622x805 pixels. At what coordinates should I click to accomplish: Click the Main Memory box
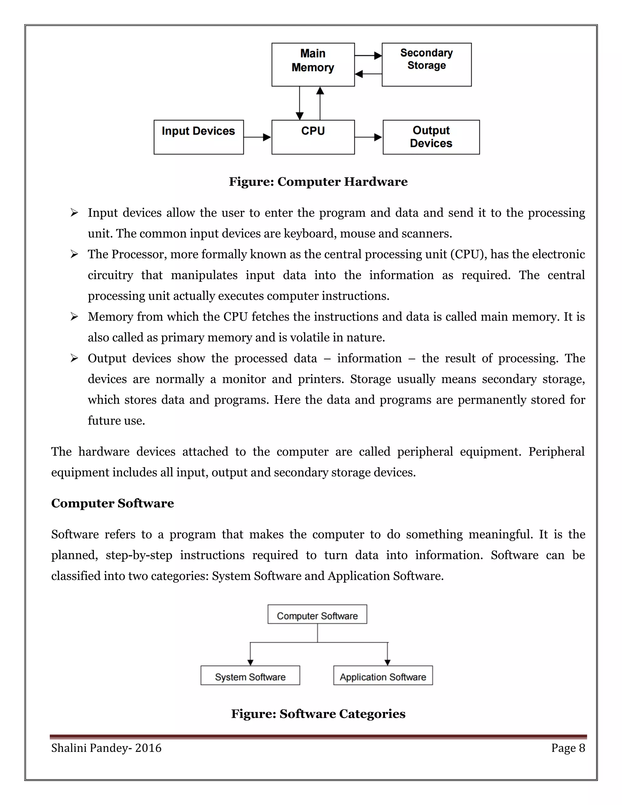(313, 64)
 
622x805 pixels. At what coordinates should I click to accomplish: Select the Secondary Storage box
(426, 64)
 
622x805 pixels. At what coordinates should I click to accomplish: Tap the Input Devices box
(198, 137)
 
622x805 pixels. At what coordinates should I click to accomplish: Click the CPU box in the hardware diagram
(313, 137)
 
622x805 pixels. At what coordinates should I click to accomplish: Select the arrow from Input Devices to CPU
(257, 137)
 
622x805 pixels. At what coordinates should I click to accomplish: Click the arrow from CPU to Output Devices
(368, 137)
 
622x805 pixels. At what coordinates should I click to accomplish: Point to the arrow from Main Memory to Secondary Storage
(368, 56)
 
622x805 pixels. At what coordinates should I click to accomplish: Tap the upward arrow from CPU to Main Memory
(320, 103)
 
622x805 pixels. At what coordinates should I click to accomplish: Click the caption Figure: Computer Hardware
(318, 182)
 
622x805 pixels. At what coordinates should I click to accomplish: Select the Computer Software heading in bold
(112, 503)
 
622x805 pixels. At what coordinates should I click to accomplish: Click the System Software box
(250, 677)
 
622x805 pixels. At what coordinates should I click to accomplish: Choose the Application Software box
(383, 677)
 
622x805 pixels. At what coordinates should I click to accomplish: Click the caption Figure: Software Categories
(318, 714)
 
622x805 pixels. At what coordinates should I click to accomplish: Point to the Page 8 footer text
(568, 748)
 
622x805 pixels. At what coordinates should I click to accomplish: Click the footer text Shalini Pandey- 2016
(106, 748)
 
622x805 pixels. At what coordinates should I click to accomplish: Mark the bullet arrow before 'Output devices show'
(74, 358)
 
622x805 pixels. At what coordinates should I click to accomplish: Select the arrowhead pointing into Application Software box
(387, 662)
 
